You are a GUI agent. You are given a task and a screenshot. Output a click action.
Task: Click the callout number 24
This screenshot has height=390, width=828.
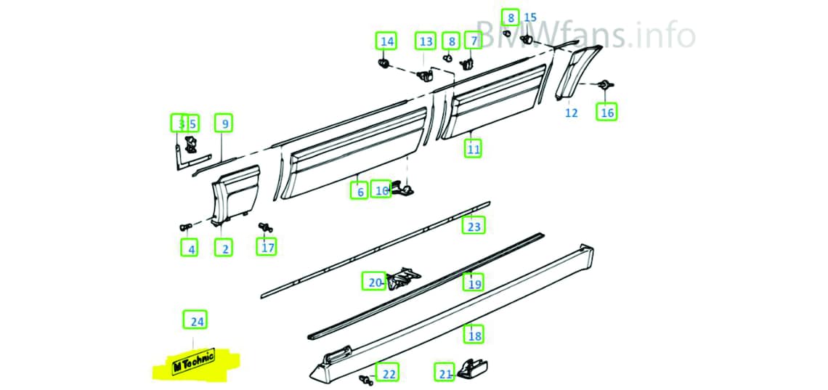[194, 320]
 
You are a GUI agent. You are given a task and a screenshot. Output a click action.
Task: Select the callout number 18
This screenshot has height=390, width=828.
[474, 335]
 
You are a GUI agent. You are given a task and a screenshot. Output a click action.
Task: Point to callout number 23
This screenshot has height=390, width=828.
[474, 227]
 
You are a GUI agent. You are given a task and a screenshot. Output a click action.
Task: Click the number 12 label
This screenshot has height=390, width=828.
[572, 113]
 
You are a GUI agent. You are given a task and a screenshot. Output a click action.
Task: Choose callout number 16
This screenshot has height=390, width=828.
[606, 112]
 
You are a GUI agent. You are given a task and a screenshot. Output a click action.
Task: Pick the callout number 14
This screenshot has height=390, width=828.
[386, 41]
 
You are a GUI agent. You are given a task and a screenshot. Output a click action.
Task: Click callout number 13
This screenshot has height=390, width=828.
[426, 41]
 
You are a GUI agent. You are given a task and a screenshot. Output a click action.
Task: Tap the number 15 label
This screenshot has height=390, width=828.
[530, 17]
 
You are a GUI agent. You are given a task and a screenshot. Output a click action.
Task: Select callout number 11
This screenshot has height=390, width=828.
[474, 150]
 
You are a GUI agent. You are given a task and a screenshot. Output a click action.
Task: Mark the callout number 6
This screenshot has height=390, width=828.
[360, 192]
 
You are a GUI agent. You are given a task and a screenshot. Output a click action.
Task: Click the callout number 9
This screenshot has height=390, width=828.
[224, 124]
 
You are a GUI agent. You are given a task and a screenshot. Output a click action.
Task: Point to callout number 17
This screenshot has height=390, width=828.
[268, 248]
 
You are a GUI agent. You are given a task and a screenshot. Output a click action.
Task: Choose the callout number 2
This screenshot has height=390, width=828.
[225, 248]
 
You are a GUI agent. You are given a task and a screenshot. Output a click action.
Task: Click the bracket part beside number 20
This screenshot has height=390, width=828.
[403, 278]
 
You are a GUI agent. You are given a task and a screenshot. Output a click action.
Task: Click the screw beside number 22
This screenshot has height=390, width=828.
[364, 378]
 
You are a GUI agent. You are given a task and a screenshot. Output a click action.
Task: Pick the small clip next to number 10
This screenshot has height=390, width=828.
[407, 190]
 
